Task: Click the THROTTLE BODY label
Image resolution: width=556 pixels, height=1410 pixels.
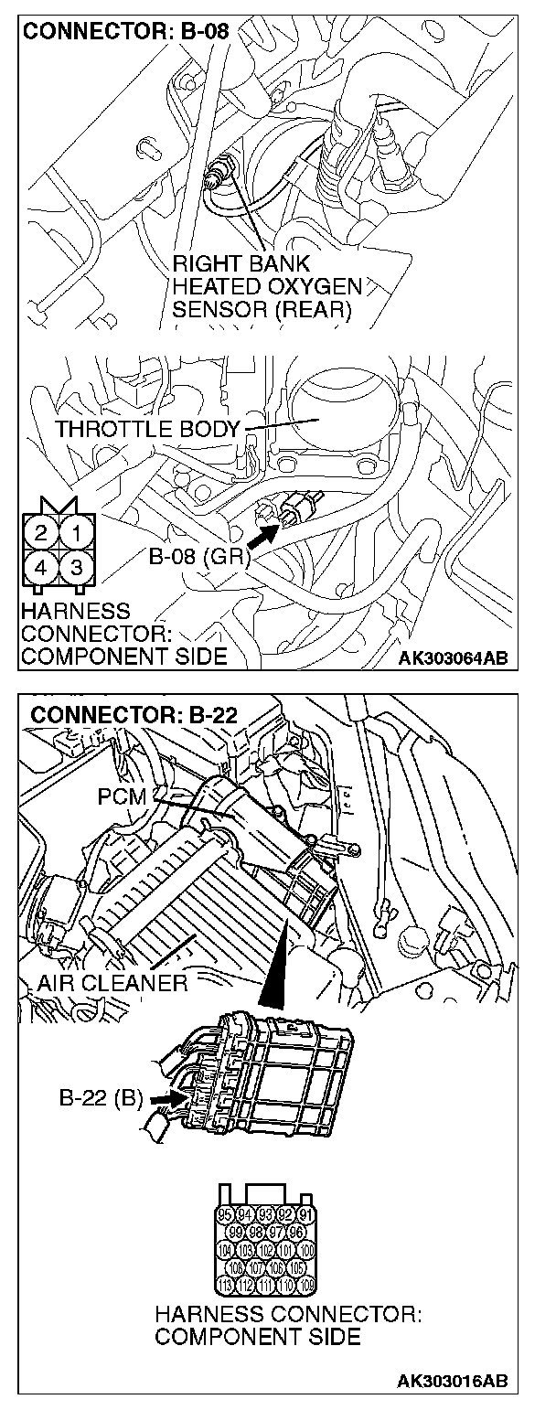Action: pos(146,428)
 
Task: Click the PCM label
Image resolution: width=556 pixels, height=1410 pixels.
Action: pos(122,796)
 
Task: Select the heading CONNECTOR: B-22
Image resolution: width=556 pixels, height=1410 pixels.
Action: pos(134,714)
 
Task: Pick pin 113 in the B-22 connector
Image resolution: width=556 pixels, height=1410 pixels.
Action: pos(226,1285)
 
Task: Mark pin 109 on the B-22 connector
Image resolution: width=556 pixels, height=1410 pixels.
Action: pos(306,1285)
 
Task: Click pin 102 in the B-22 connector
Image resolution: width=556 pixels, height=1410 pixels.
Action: pos(266,1250)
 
